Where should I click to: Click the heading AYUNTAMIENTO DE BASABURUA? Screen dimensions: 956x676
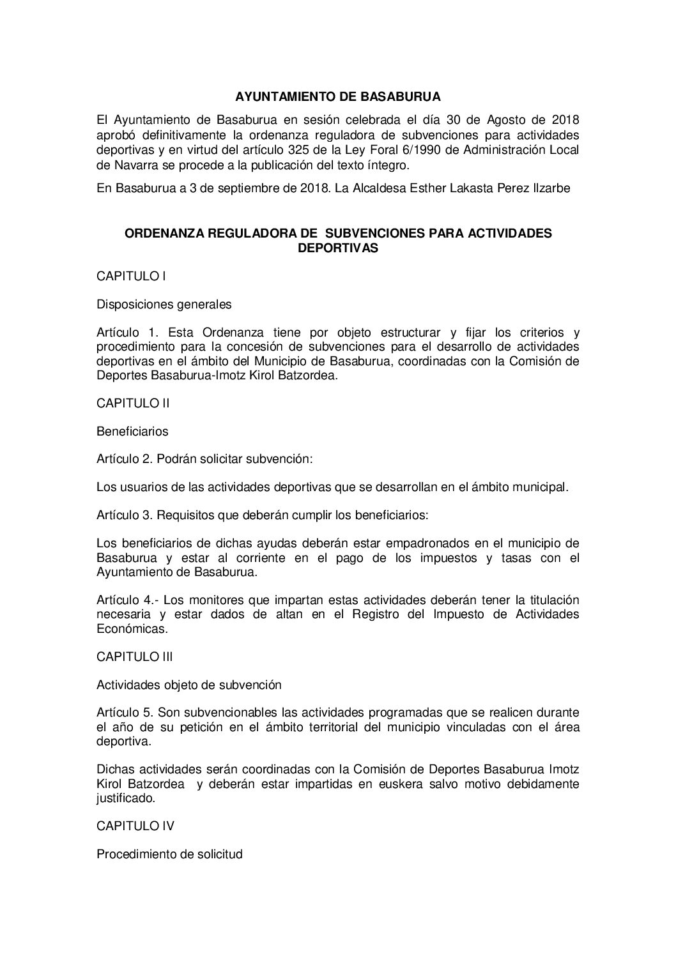(x=337, y=97)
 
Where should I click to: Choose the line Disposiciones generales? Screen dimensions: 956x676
(x=164, y=305)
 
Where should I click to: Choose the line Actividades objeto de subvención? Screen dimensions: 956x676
(x=188, y=685)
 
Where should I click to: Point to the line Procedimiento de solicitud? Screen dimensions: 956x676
(x=169, y=854)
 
